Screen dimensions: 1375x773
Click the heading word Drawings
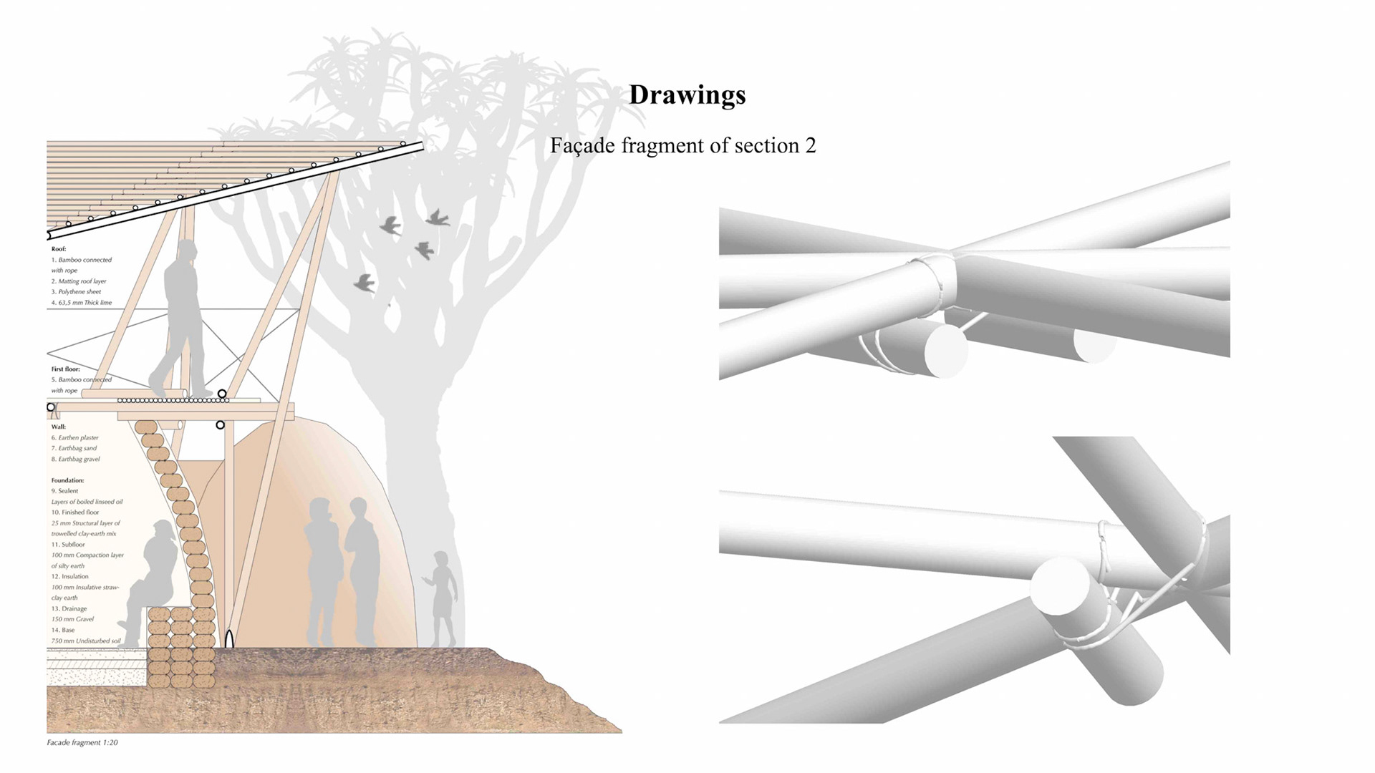point(687,95)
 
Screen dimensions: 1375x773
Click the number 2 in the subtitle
point(810,146)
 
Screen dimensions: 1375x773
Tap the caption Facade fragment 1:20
point(82,743)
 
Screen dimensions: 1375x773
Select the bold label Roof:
point(59,249)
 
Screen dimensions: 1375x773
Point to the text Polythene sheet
point(79,292)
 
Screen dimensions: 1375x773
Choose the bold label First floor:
point(66,369)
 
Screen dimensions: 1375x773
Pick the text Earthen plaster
point(78,437)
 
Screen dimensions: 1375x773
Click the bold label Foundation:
point(67,480)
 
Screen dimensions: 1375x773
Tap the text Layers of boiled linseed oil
point(87,502)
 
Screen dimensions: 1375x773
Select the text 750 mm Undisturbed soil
point(86,641)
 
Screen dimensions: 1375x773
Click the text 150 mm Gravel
point(72,619)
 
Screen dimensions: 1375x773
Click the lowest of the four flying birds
point(365,283)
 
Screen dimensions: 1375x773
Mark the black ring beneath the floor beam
point(220,425)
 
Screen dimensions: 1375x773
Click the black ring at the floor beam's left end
point(51,407)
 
